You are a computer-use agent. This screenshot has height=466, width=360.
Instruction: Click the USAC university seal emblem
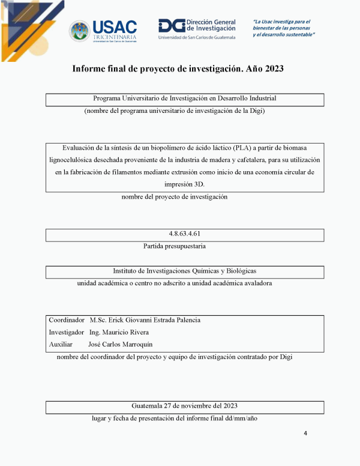tap(80, 31)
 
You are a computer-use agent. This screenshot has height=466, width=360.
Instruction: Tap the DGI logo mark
tap(170, 25)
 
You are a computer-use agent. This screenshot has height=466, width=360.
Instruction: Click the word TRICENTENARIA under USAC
tap(115, 37)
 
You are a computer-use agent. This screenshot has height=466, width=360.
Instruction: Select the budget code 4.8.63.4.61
tap(185, 234)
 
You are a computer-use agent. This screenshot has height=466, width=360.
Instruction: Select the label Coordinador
tap(66, 320)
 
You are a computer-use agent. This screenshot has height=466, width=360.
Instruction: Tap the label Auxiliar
tap(61, 344)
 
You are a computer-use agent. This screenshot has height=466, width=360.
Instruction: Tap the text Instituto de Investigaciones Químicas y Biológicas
tap(185, 271)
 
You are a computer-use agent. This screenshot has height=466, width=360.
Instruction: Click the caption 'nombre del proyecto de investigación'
tap(175, 196)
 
